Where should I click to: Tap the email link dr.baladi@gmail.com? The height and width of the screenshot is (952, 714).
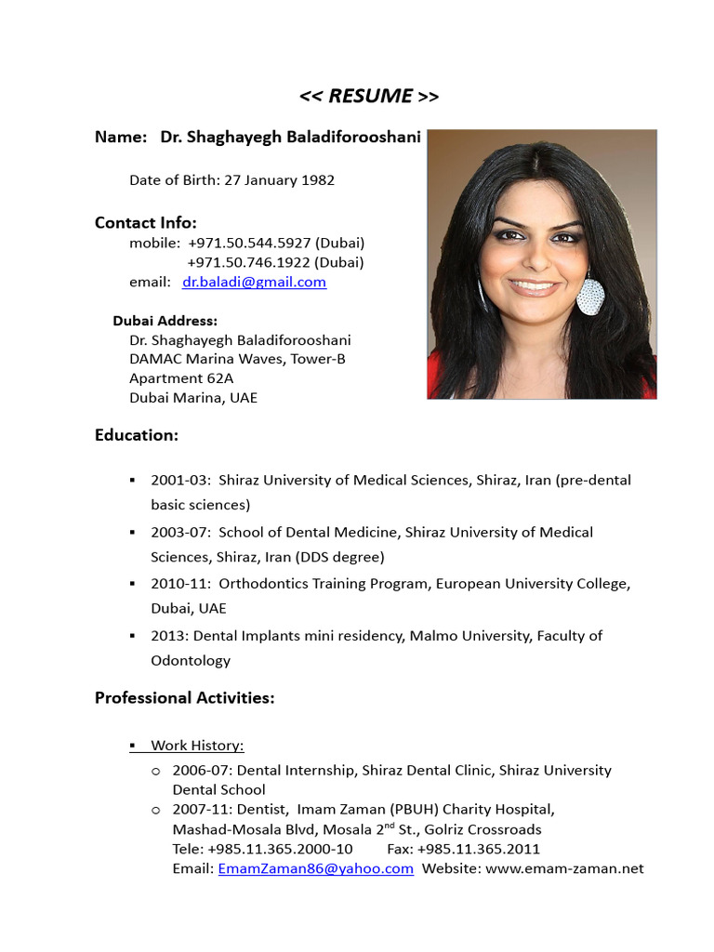254,282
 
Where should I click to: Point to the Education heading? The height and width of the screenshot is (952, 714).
137,435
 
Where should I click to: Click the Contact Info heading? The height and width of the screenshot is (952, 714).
146,223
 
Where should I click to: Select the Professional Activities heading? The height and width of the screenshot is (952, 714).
185,698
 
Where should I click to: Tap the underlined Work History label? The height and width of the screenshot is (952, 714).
197,746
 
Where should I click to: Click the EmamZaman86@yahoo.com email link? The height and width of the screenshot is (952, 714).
315,868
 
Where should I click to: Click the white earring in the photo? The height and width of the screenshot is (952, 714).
590,296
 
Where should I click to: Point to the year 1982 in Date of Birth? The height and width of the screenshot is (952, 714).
318,180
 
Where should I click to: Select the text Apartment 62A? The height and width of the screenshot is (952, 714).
181,378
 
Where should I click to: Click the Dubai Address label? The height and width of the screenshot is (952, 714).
165,321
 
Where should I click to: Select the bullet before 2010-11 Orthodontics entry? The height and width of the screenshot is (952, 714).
133,584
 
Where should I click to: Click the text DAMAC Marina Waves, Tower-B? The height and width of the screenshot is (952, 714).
237,359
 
